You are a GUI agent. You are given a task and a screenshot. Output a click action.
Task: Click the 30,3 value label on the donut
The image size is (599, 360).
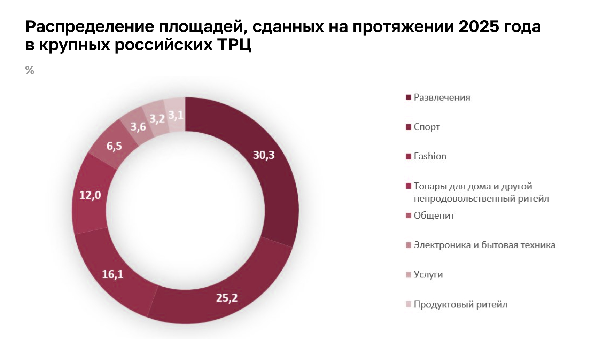pyautogui.click(x=264, y=155)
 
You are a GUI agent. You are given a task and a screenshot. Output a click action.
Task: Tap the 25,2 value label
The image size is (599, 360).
pyautogui.click(x=227, y=298)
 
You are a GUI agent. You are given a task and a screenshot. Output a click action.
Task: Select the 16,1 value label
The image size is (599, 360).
pyautogui.click(x=113, y=274)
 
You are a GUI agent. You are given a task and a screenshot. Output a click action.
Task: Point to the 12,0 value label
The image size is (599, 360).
pyautogui.click(x=90, y=195)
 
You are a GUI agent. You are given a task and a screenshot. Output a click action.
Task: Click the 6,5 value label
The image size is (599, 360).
pyautogui.click(x=114, y=146)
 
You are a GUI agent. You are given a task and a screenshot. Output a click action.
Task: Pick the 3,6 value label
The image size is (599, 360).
pyautogui.click(x=138, y=127)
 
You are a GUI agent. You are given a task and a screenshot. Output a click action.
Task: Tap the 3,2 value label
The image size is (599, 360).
pyautogui.click(x=157, y=119)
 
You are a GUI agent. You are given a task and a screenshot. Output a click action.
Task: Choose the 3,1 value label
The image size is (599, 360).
pyautogui.click(x=176, y=115)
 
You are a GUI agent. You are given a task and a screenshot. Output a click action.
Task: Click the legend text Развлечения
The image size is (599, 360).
pyautogui.click(x=442, y=97)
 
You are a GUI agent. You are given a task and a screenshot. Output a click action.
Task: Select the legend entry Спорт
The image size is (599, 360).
pyautogui.click(x=427, y=127)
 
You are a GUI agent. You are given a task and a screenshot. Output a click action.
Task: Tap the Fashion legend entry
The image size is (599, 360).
pyautogui.click(x=430, y=156)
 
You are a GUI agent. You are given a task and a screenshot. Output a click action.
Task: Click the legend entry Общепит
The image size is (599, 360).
pyautogui.click(x=434, y=216)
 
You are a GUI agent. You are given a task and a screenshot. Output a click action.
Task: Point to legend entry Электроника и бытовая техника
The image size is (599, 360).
pyautogui.click(x=484, y=245)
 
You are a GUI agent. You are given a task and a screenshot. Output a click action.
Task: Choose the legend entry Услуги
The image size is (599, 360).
pyautogui.click(x=428, y=275)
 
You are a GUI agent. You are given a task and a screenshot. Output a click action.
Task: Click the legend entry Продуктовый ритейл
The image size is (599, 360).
pyautogui.click(x=460, y=305)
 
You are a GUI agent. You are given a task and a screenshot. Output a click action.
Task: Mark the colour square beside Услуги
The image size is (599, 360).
pyautogui.click(x=409, y=275)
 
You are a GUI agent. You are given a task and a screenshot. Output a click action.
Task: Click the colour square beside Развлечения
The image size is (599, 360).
pyautogui.click(x=409, y=97)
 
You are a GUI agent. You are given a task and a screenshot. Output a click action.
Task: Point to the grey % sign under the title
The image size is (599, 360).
pyautogui.click(x=30, y=70)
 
